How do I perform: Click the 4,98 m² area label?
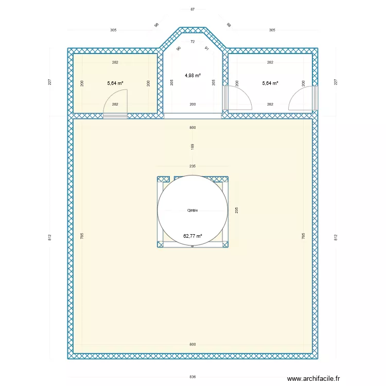(192, 75)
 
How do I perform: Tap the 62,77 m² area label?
(192, 236)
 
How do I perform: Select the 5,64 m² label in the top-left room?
(115, 83)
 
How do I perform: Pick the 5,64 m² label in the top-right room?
(270, 83)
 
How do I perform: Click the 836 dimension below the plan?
(192, 377)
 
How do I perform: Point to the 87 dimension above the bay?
(192, 9)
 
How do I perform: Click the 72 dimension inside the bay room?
(192, 42)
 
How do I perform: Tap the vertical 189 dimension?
(192, 147)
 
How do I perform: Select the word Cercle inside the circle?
(192, 210)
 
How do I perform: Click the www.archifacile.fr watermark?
(313, 378)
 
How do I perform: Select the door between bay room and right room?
(238, 98)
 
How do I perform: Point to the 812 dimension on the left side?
(49, 237)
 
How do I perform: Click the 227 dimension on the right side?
(336, 82)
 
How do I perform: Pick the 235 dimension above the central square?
(192, 166)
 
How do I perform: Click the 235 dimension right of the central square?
(236, 210)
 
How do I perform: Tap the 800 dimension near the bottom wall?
(192, 344)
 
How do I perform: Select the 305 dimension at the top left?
(113, 30)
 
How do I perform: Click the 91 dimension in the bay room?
(206, 48)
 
